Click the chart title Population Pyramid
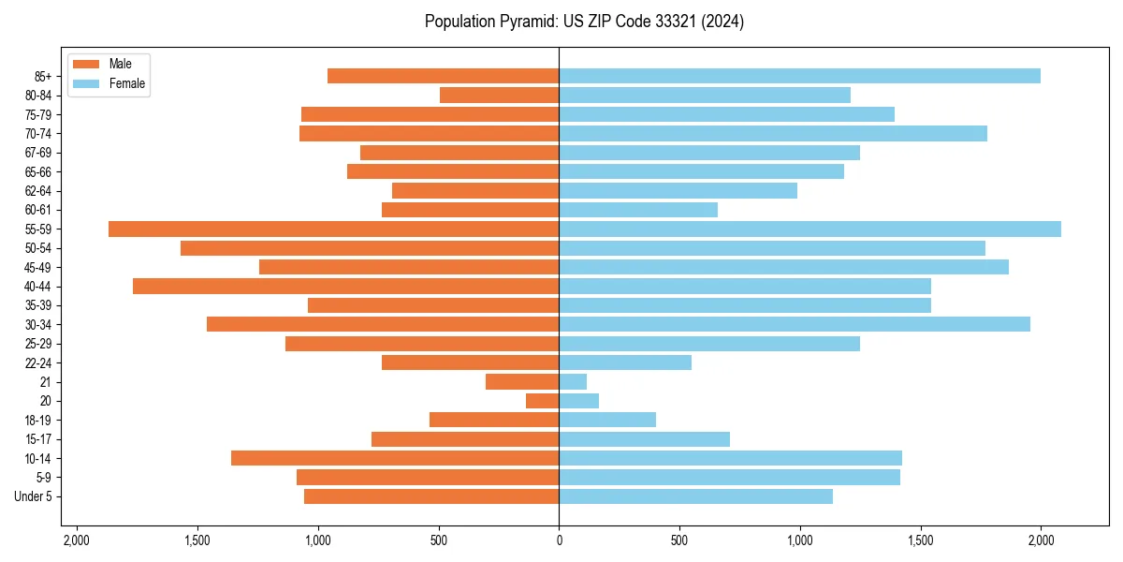584,22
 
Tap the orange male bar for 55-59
333,229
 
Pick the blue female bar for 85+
799,76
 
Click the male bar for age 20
543,401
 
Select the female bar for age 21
573,381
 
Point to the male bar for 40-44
345,286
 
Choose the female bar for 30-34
795,324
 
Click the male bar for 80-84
499,95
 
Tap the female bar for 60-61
638,210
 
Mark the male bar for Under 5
431,496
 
